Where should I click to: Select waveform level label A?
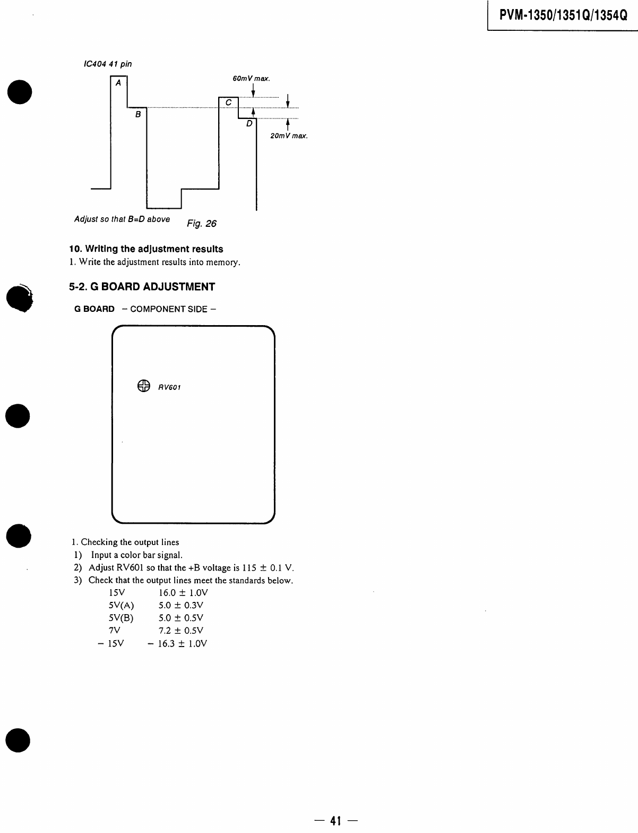click(x=118, y=83)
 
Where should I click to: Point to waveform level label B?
click(x=137, y=114)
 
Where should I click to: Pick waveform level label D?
click(x=249, y=124)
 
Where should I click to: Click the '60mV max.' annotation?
click(x=251, y=79)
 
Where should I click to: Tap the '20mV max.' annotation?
click(x=289, y=136)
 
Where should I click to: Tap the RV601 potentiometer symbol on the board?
click(x=143, y=386)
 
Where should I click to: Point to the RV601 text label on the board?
click(x=169, y=387)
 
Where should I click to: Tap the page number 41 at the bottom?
click(x=335, y=821)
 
